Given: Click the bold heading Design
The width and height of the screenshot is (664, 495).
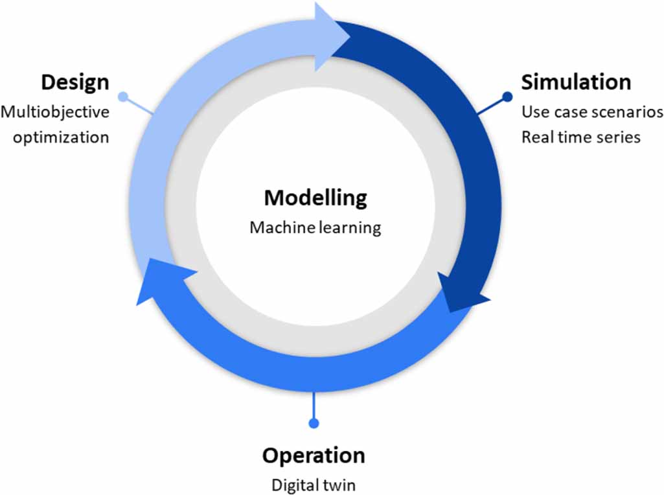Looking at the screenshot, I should pyautogui.click(x=75, y=83).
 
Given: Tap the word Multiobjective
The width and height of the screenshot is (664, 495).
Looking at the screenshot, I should pyautogui.click(x=55, y=111).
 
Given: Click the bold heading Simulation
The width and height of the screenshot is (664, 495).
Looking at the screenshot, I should pyautogui.click(x=576, y=82).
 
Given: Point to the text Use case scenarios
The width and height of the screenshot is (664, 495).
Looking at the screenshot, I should pyautogui.click(x=592, y=111).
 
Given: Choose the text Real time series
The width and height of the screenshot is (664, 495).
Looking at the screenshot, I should pyautogui.click(x=581, y=137).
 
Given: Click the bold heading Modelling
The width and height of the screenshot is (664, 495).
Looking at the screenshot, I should pyautogui.click(x=315, y=198).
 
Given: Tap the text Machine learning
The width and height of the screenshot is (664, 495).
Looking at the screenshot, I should pyautogui.click(x=315, y=227).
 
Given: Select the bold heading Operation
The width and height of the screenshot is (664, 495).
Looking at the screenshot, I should pyautogui.click(x=314, y=455).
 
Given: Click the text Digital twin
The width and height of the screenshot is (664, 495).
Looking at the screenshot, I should pyautogui.click(x=314, y=484).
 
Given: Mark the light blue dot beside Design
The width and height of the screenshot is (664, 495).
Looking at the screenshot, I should pyautogui.click(x=123, y=97).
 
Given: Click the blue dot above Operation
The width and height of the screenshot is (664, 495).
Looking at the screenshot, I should pyautogui.click(x=314, y=423).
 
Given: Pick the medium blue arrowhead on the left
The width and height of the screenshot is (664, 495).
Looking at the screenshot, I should pyautogui.click(x=155, y=279).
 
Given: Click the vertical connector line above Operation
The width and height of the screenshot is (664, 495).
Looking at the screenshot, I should pyautogui.click(x=314, y=405).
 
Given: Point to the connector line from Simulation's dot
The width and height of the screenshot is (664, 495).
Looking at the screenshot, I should pyautogui.click(x=491, y=107).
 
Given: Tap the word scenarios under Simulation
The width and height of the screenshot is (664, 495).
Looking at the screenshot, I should pyautogui.click(x=631, y=111).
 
